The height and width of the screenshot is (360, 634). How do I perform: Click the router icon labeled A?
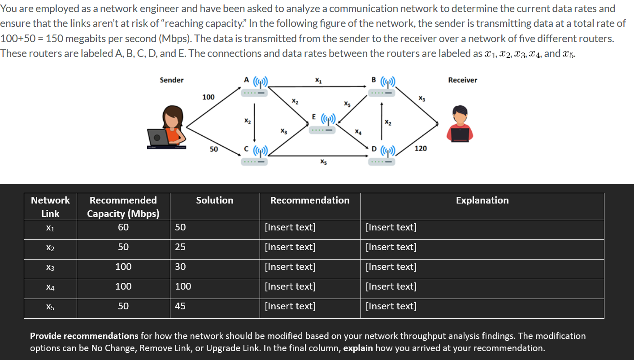coord(255,88)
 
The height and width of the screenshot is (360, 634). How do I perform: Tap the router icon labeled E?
coord(322,124)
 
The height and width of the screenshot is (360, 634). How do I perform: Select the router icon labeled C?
coord(255,155)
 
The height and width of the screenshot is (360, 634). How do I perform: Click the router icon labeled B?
coord(382,88)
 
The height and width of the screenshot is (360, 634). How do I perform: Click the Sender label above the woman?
coord(172,80)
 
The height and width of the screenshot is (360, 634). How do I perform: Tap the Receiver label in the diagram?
coord(463,80)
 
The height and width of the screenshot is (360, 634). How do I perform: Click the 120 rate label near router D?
coord(421,148)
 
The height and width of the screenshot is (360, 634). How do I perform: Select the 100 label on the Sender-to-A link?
coord(208,97)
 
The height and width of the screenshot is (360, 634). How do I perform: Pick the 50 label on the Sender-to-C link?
coord(214,149)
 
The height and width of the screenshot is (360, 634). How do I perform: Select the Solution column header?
coord(215,200)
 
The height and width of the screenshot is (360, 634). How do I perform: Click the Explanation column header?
coord(482,200)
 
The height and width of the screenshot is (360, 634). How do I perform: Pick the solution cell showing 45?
coord(180,306)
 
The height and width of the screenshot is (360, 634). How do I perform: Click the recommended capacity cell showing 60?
coord(123,227)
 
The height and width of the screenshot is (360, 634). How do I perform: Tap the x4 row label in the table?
coord(50,287)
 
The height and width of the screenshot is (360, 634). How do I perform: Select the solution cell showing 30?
coord(180,267)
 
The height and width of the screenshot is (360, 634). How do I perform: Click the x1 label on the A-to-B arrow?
coord(318,81)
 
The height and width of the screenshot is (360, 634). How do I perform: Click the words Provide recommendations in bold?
coord(84,336)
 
